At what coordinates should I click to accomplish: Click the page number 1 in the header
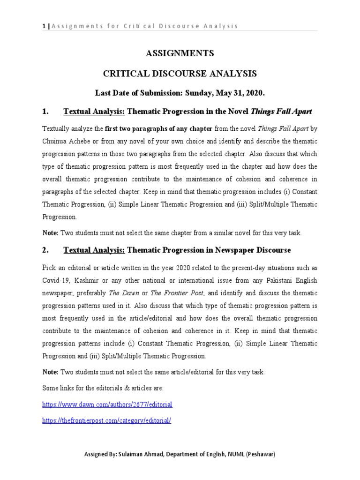pos(44,26)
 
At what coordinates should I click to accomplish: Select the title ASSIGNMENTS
pos(180,53)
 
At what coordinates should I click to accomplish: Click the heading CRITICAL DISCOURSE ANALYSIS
pos(180,74)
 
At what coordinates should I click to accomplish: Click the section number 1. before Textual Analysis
pos(45,112)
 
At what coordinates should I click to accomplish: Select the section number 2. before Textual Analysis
pos(45,250)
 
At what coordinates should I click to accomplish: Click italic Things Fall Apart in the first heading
pos(282,112)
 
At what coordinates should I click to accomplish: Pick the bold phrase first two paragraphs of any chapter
pos(159,128)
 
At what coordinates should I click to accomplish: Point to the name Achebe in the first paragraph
pos(78,141)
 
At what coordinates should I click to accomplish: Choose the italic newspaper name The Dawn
pos(120,293)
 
